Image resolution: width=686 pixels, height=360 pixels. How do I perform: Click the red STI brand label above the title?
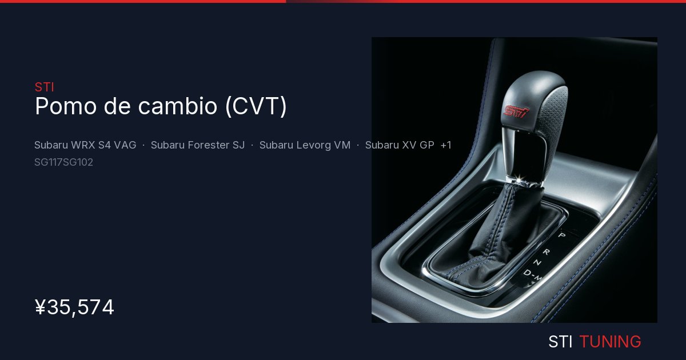tap(45, 87)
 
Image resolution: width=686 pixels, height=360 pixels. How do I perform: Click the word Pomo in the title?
tap(66, 106)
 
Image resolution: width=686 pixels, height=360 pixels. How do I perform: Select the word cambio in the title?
tap(178, 106)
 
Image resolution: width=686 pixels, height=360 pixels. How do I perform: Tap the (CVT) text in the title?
tap(256, 106)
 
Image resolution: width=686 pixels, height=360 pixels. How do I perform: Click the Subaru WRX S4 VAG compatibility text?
tap(85, 145)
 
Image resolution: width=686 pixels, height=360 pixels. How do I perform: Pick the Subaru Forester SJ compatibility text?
tap(198, 145)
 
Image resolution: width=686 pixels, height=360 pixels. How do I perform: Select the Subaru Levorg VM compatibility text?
tap(305, 145)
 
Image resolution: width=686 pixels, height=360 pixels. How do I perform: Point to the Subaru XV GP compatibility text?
tap(400, 145)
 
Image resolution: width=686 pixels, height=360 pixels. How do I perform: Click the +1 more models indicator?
tap(445, 145)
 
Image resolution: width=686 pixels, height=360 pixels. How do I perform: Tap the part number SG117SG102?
tap(63, 162)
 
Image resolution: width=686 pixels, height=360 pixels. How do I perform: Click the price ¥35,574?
tap(74, 307)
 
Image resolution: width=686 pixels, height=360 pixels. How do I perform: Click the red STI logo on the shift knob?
tap(516, 112)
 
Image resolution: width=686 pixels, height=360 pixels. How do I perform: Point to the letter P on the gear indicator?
tap(561, 235)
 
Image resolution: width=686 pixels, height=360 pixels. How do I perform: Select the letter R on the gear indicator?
tap(547, 252)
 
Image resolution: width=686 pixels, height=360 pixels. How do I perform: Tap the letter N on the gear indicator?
tap(537, 262)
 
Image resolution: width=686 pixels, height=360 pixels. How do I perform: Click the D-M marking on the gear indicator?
tap(532, 275)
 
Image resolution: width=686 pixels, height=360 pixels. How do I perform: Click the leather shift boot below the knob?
tap(502, 233)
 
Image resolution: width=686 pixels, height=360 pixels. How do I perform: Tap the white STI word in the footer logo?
tap(560, 342)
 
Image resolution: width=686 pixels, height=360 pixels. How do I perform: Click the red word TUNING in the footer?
tap(610, 342)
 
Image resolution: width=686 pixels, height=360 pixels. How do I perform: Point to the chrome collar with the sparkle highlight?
tap(523, 181)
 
